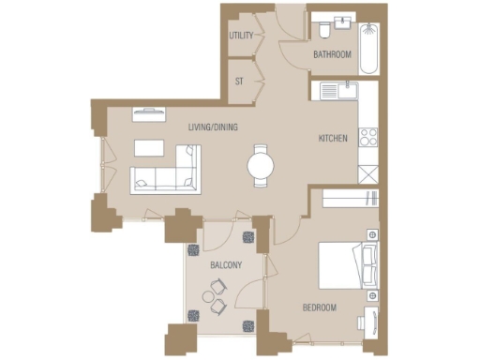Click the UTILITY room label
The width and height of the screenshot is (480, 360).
click(x=242, y=36)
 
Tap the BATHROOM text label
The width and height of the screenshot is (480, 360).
click(x=332, y=54)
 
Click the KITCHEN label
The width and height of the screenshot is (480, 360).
click(x=333, y=139)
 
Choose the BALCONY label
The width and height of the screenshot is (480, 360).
click(x=226, y=265)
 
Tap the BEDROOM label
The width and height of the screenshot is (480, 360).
click(x=319, y=307)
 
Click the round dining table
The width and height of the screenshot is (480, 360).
click(x=262, y=166)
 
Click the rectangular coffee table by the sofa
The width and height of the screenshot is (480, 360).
click(x=149, y=147)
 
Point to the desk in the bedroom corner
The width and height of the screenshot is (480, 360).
click(x=370, y=319)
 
